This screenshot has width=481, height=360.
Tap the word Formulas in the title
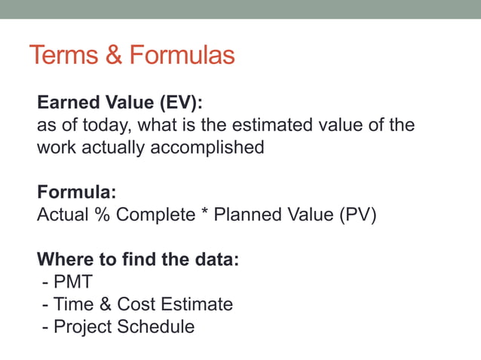(x=182, y=55)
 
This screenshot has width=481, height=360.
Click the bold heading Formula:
(x=76, y=192)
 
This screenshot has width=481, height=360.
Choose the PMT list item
(x=72, y=282)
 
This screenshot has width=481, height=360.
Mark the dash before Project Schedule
(x=47, y=328)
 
